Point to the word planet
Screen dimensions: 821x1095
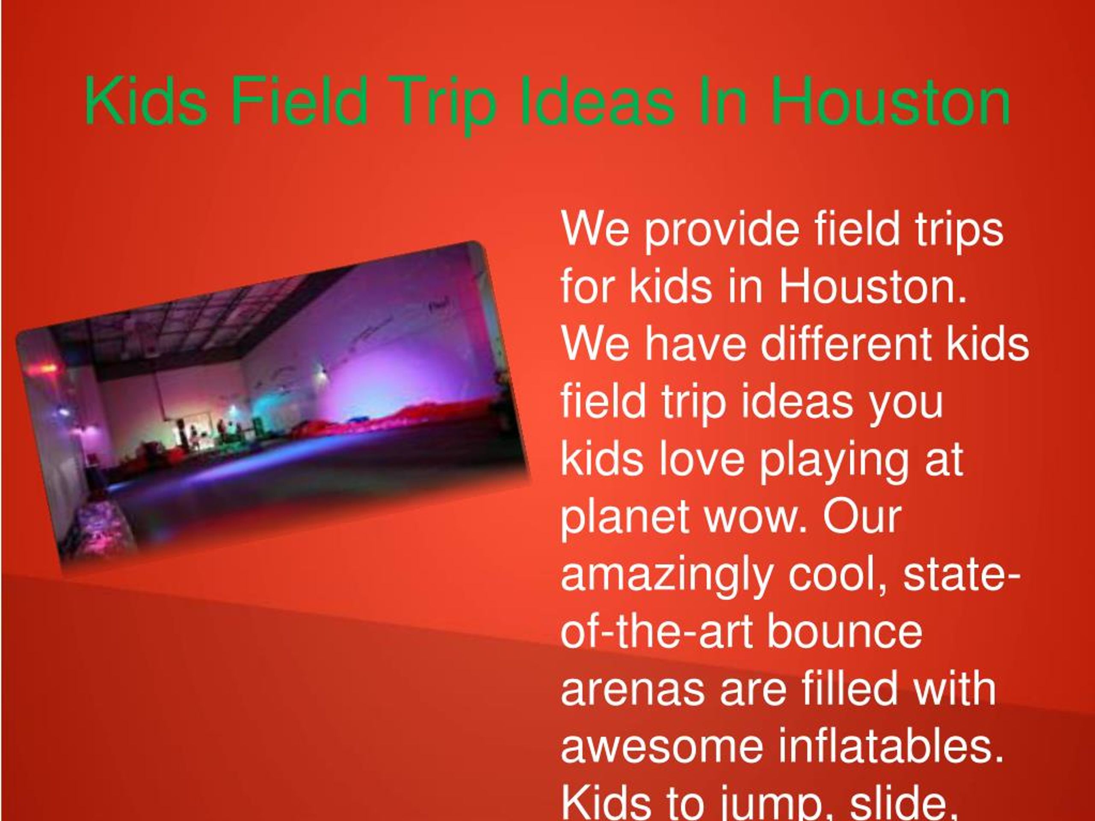coord(624,518)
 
